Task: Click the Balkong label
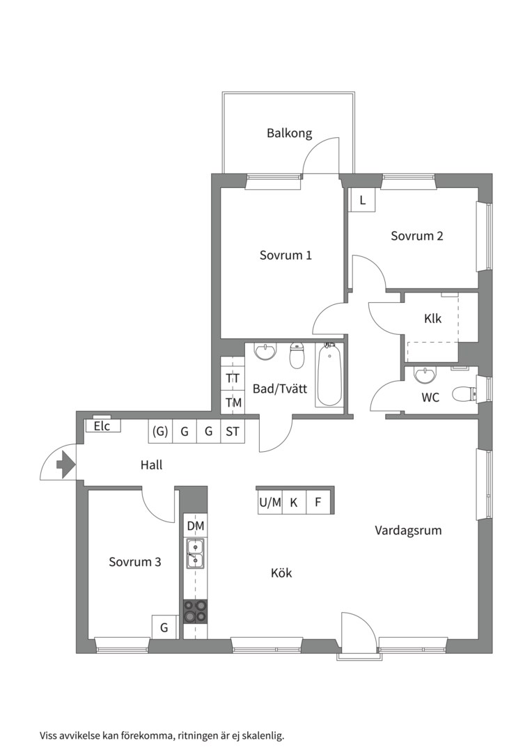tap(289, 133)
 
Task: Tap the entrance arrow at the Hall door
tap(65, 464)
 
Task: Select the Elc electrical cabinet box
tap(103, 426)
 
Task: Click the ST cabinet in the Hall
tap(233, 431)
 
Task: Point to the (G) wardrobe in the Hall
tap(159, 431)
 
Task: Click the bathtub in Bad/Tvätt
tap(329, 375)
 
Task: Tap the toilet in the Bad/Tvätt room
tap(297, 355)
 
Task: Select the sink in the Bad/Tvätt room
tap(266, 351)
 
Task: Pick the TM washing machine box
tap(233, 402)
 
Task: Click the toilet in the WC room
tap(465, 393)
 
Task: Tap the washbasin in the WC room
tap(425, 375)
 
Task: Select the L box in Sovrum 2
tap(362, 200)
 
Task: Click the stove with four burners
tap(196, 611)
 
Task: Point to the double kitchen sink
tap(195, 554)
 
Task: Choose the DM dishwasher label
tap(196, 526)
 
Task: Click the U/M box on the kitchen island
tap(270, 503)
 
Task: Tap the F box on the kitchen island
tap(318, 503)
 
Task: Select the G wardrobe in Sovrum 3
tap(164, 627)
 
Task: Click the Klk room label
tap(432, 318)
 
